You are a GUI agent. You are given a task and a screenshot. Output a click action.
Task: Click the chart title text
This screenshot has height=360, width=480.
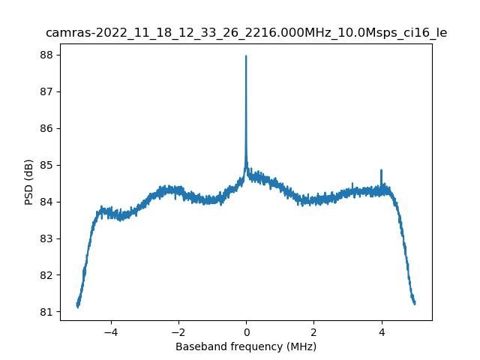(x=246, y=33)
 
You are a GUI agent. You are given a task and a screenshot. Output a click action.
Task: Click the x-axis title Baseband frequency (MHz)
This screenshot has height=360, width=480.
(x=246, y=346)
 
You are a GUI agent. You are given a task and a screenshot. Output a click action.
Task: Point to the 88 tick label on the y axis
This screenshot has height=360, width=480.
(x=45, y=55)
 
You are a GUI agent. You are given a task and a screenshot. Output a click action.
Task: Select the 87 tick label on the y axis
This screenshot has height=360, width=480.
(x=45, y=91)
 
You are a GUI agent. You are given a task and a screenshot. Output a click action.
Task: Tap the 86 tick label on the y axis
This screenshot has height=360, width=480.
(x=45, y=128)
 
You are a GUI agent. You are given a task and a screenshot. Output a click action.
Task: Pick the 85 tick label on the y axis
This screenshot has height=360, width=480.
(x=45, y=165)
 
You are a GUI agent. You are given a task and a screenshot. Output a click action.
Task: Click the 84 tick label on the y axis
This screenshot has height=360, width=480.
(x=45, y=202)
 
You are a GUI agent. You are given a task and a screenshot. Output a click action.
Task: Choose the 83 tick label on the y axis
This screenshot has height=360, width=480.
(x=45, y=238)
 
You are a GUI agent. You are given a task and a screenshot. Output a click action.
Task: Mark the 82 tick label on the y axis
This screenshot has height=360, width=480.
(x=45, y=275)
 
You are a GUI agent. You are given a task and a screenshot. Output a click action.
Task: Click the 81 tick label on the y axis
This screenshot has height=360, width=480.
(x=45, y=312)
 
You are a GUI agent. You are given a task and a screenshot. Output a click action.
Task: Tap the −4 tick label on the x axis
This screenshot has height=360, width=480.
(x=111, y=331)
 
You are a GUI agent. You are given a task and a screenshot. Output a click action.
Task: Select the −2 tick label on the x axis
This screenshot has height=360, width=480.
(x=178, y=331)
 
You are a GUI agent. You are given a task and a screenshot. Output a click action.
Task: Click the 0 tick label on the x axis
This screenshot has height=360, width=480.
(x=246, y=331)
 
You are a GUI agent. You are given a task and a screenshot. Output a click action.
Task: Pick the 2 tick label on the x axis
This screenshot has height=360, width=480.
(x=313, y=331)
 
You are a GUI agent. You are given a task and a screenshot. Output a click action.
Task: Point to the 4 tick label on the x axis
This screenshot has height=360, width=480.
(x=381, y=331)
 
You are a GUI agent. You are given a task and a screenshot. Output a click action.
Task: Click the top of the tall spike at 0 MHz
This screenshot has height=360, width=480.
(x=246, y=56)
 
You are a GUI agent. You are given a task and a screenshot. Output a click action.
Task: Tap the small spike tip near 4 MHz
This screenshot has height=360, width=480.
(x=381, y=170)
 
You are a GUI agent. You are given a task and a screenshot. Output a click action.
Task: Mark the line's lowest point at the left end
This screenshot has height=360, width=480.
(x=78, y=307)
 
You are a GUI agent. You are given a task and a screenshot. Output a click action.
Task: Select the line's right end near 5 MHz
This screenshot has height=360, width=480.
(x=415, y=303)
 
